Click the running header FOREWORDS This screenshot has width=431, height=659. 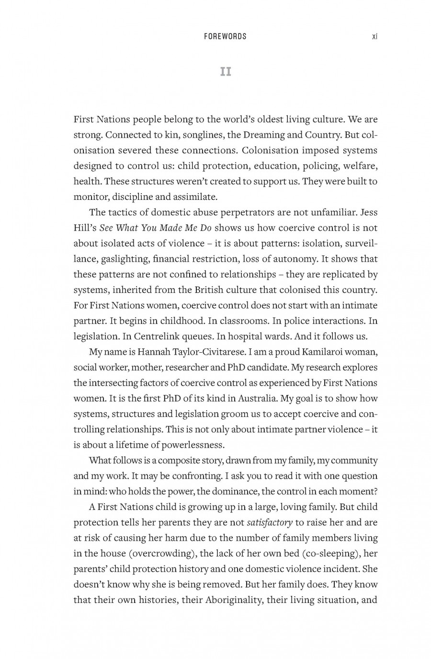click(x=225, y=36)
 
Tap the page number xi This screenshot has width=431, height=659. click(x=374, y=36)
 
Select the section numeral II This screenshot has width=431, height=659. click(x=225, y=72)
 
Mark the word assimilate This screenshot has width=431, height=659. click(x=196, y=197)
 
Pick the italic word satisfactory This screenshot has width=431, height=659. click(x=269, y=522)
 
